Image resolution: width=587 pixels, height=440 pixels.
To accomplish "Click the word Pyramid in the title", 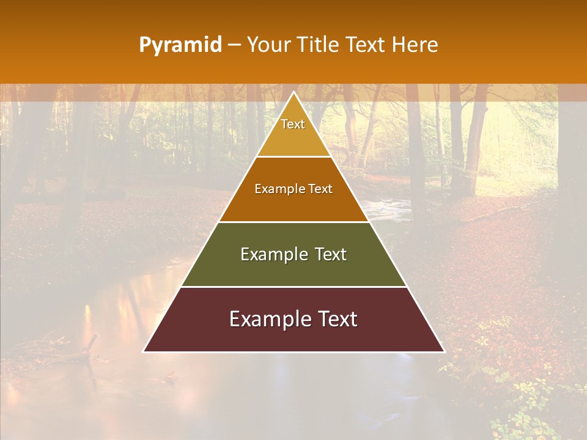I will tap(180, 45).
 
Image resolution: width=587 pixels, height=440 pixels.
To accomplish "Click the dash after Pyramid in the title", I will tap(234, 45).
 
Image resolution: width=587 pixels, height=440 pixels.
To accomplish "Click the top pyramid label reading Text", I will tap(293, 124).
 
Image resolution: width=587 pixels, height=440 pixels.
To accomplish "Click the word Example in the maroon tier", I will tap(267, 319).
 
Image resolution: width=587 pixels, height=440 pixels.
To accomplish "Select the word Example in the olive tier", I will tap(271, 254).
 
